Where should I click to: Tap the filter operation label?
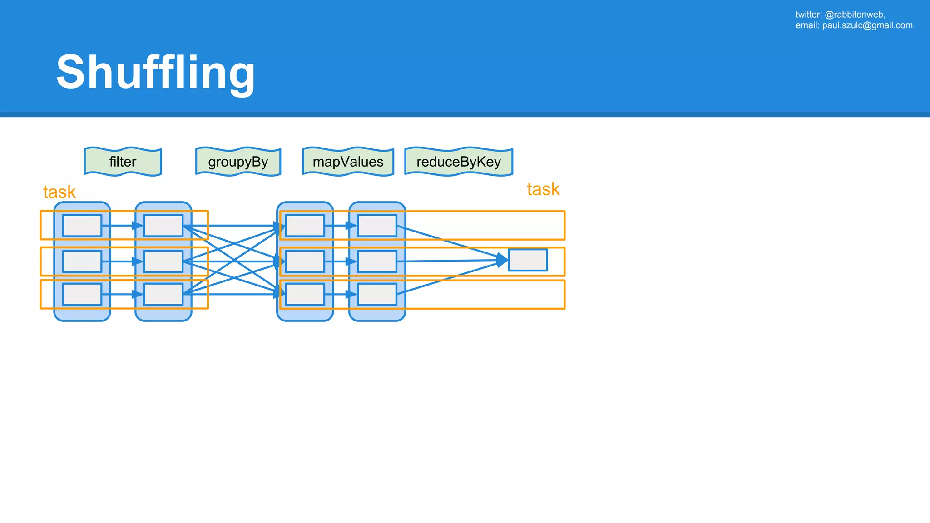pyautogui.click(x=123, y=162)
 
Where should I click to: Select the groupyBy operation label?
pyautogui.click(x=238, y=162)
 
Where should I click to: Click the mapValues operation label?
pyautogui.click(x=348, y=162)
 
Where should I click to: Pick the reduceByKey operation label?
pyautogui.click(x=459, y=162)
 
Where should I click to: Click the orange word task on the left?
pyautogui.click(x=59, y=192)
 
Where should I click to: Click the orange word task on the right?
pyautogui.click(x=543, y=189)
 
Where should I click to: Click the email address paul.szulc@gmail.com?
pyautogui.click(x=867, y=25)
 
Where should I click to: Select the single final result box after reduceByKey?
pyautogui.click(x=528, y=260)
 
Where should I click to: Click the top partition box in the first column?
pyautogui.click(x=82, y=226)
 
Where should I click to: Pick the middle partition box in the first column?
pyautogui.click(x=82, y=261)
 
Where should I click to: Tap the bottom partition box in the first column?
pyautogui.click(x=82, y=294)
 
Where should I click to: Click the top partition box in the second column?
pyautogui.click(x=163, y=226)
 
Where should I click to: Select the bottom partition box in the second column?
pyautogui.click(x=163, y=294)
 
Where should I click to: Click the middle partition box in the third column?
pyautogui.click(x=305, y=261)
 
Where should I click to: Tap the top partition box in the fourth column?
pyautogui.click(x=377, y=226)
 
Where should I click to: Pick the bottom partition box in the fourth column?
pyautogui.click(x=377, y=294)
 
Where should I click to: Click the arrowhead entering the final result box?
pyautogui.click(x=502, y=260)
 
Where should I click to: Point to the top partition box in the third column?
pyautogui.click(x=305, y=226)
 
